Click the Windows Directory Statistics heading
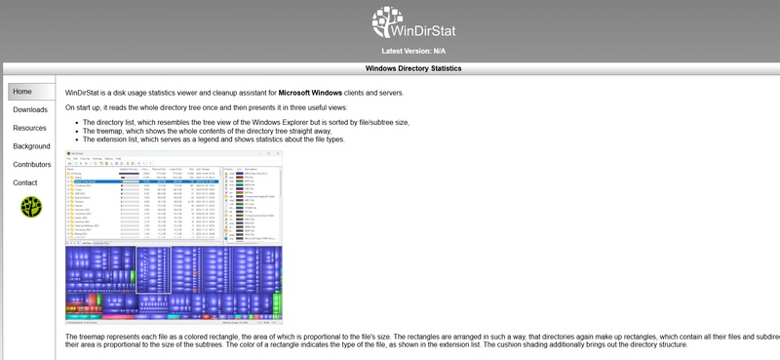pyautogui.click(x=413, y=69)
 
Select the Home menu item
pyautogui.click(x=22, y=92)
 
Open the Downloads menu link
pyautogui.click(x=30, y=109)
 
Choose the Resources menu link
pyautogui.click(x=29, y=128)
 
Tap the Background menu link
pyautogui.click(x=31, y=146)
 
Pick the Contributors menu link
pyautogui.click(x=32, y=164)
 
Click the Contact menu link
pyautogui.click(x=25, y=182)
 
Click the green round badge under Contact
pyautogui.click(x=31, y=206)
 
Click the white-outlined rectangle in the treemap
pyautogui.click(x=153, y=269)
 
